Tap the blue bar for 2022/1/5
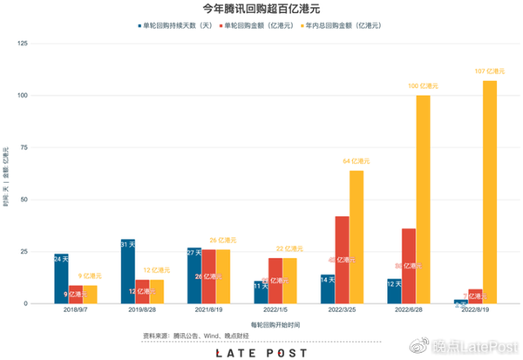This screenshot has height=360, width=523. coord(261,292)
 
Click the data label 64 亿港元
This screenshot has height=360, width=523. coord(356,160)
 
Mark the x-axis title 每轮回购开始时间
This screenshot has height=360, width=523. coord(261,324)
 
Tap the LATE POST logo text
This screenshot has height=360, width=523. coord(261,352)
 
